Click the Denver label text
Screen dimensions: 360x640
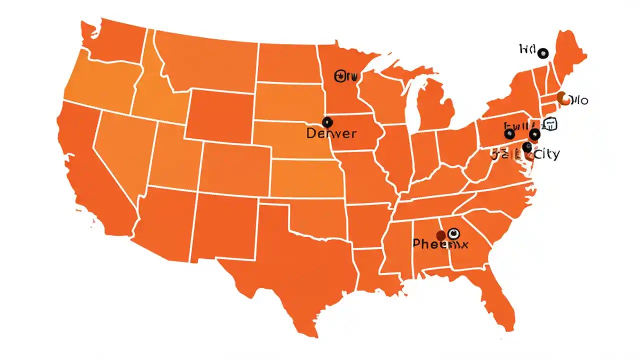331,133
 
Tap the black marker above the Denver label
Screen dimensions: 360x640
327,121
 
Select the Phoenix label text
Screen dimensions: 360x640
440,244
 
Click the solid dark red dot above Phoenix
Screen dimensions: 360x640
441,235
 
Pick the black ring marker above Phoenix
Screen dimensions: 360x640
453,233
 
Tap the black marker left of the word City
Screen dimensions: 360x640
527,147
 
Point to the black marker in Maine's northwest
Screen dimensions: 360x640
542,53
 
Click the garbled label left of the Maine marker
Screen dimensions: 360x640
527,49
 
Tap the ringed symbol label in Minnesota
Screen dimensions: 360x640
346,76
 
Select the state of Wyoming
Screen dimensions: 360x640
220,115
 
